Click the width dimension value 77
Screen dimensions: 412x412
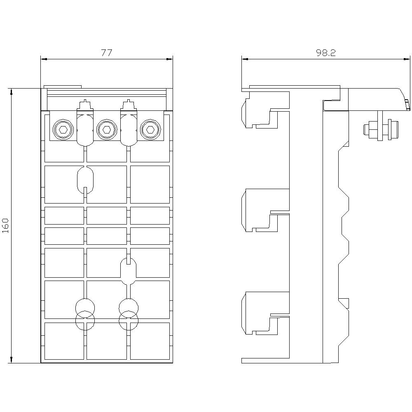coord(107,53)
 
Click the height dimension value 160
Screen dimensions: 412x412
coord(5,225)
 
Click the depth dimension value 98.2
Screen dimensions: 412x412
coord(326,53)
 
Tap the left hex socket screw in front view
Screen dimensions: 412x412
coord(63,129)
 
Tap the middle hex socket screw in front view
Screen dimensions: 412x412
coord(106,129)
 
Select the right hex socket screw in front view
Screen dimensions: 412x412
coord(150,129)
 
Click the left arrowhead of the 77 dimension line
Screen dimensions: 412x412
coord(44,59)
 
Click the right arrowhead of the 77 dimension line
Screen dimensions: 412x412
coord(170,59)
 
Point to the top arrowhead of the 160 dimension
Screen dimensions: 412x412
coord(11,92)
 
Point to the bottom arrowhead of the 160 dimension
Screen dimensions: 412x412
coord(11,360)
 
